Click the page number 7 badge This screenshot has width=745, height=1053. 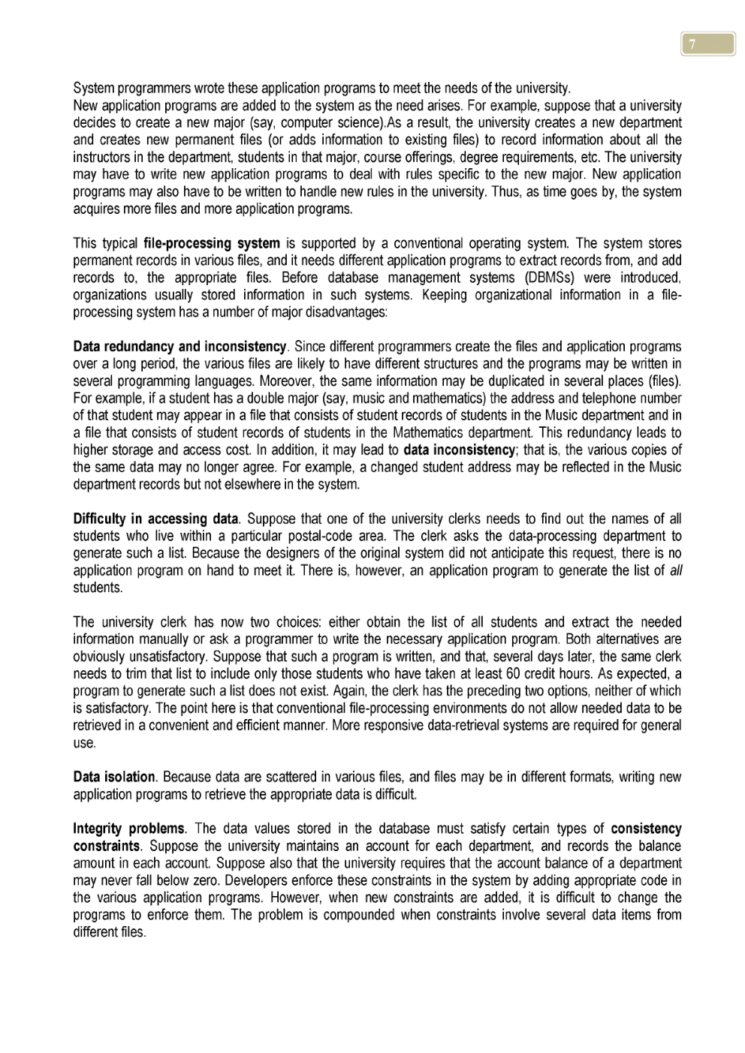click(707, 44)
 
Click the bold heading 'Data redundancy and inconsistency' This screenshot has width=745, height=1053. click(179, 347)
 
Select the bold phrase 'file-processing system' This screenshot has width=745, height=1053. click(211, 243)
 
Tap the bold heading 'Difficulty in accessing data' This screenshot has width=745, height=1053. click(155, 519)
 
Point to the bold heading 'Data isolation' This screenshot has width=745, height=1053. click(113, 777)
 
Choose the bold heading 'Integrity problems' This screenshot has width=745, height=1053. click(128, 829)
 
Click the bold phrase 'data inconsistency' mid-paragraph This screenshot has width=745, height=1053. click(459, 450)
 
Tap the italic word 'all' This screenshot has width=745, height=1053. click(675, 570)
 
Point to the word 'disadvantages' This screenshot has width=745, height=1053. click(347, 312)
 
